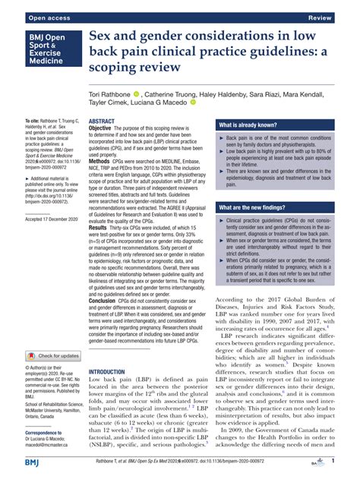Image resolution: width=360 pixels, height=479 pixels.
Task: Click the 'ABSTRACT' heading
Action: (x=102, y=121)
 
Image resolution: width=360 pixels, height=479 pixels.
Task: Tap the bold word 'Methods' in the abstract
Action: (x=104, y=162)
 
